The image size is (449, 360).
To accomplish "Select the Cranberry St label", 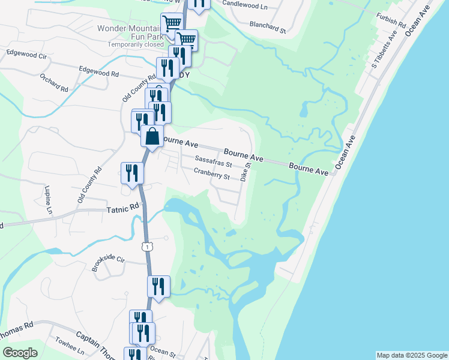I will pos(212,174).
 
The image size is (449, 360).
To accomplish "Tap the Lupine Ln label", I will pos(48,200).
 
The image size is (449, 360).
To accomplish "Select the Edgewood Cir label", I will pos(26,53).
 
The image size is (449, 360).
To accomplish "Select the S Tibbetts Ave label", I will pos(384,55).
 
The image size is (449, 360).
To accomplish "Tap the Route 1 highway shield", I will pos(146,246).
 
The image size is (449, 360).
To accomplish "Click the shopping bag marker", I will pos(153,136).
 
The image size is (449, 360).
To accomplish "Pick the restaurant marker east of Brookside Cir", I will pos(158,286).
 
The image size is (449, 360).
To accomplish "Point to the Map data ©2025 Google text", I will pos(412,355).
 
